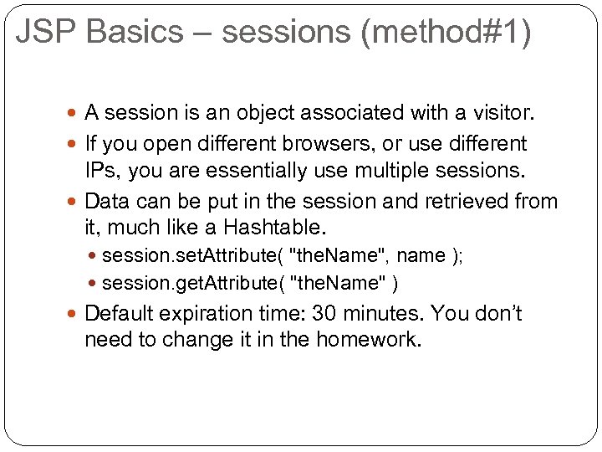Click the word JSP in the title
pyautogui.click(x=40, y=33)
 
